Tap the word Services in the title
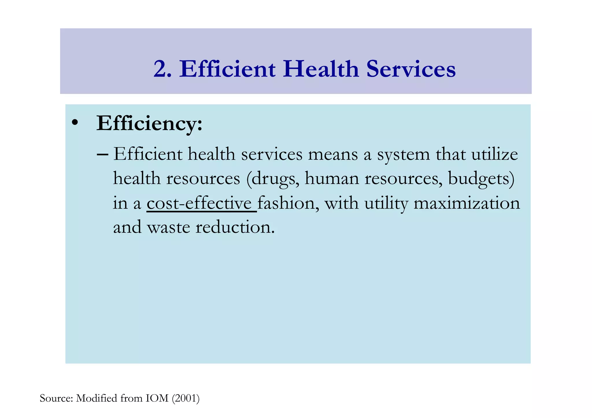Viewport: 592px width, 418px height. tap(411, 69)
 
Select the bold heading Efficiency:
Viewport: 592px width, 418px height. tap(149, 124)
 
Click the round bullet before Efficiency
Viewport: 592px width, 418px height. tap(75, 122)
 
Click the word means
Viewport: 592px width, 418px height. tap(333, 154)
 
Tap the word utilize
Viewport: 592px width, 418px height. tap(495, 154)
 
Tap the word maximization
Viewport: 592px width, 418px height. tap(467, 203)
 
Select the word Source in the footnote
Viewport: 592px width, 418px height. tap(56, 398)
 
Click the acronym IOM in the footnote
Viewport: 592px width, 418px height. tap(157, 398)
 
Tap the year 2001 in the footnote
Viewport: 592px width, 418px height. tap(186, 398)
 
